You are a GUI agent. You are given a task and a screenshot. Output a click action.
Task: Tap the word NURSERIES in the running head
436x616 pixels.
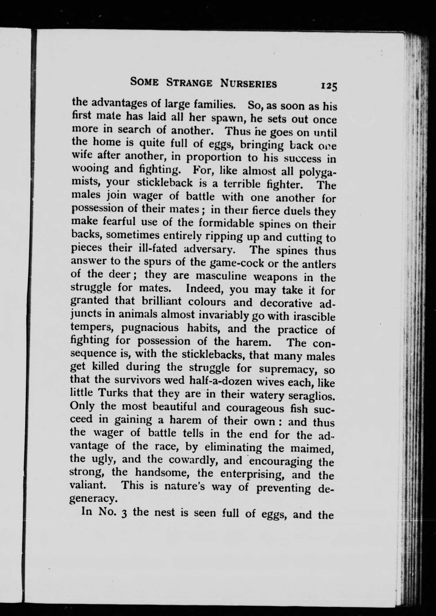point(248,84)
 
